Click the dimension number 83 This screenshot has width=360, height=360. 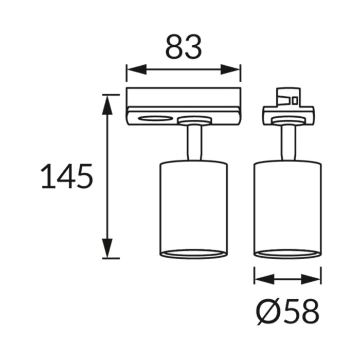click(x=184, y=47)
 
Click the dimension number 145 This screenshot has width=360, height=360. click(x=67, y=176)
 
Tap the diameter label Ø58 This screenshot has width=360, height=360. click(x=287, y=313)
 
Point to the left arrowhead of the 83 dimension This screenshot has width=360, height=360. click(x=137, y=69)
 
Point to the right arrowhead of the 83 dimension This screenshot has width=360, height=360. click(x=230, y=69)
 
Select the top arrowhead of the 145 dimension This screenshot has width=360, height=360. click(x=107, y=105)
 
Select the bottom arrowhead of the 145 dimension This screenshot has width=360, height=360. click(x=107, y=248)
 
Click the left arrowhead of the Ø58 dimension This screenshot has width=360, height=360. click(x=265, y=279)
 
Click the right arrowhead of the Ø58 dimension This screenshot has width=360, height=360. click(x=311, y=279)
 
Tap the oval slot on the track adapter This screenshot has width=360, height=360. click(x=155, y=118)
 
